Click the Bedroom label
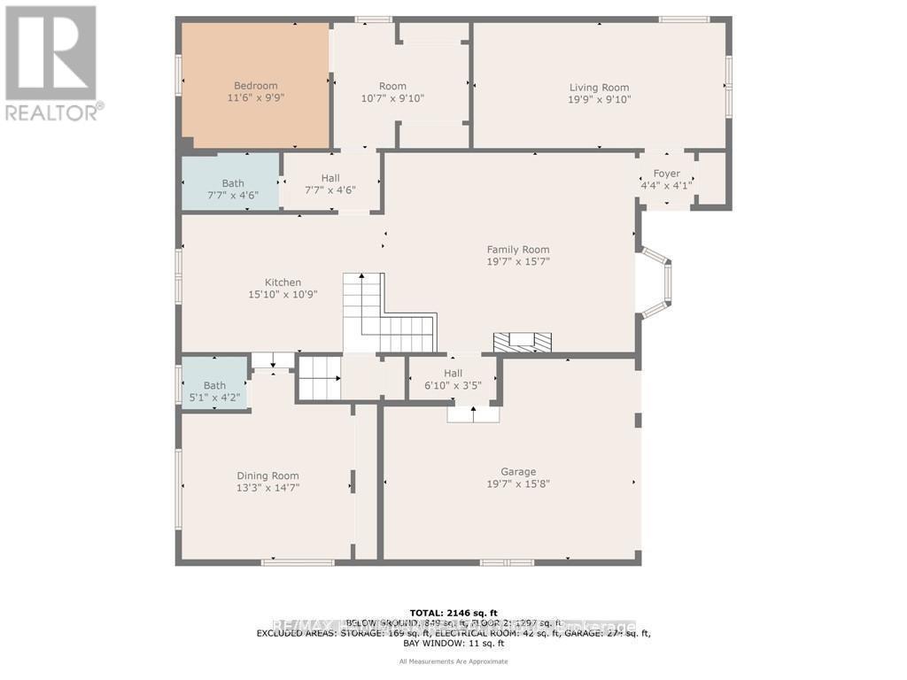click(x=255, y=86)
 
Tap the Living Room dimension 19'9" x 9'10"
click(x=599, y=99)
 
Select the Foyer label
click(x=666, y=174)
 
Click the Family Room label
click(x=518, y=250)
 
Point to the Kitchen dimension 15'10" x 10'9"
click(x=283, y=294)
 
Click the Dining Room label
click(x=267, y=475)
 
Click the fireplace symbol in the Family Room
click(x=522, y=342)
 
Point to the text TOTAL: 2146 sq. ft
click(x=453, y=613)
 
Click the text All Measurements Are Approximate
click(x=453, y=661)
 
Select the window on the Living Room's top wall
click(x=684, y=19)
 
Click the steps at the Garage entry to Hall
click(x=473, y=413)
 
